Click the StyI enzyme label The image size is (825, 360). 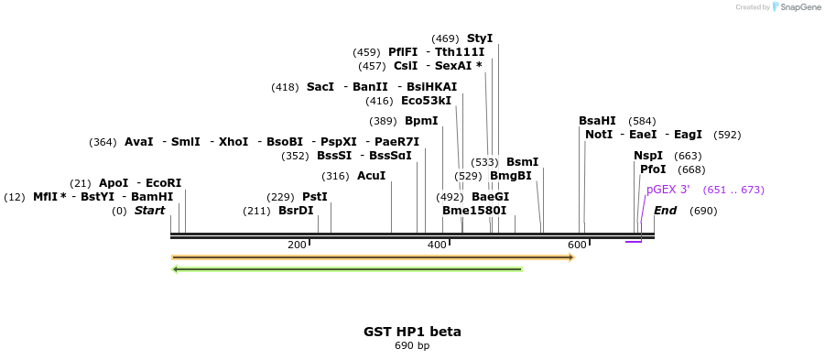(480, 38)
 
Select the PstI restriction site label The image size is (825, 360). (315, 197)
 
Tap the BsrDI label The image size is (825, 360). (296, 211)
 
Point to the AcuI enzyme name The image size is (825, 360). (372, 176)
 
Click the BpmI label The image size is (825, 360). (421, 121)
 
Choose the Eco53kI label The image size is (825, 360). (427, 101)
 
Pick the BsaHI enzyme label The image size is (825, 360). (597, 121)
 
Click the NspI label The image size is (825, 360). (648, 156)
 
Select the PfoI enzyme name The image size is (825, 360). (653, 169)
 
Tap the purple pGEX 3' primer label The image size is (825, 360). (668, 190)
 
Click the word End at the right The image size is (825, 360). (666, 211)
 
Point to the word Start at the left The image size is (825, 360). (149, 211)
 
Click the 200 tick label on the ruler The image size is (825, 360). (297, 245)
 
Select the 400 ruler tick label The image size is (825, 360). (437, 245)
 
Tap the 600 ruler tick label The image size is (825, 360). (577, 245)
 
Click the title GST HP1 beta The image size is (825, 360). (412, 332)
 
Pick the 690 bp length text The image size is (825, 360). (412, 346)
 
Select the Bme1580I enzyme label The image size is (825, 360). (474, 211)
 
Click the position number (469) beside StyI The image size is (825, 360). (446, 38)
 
